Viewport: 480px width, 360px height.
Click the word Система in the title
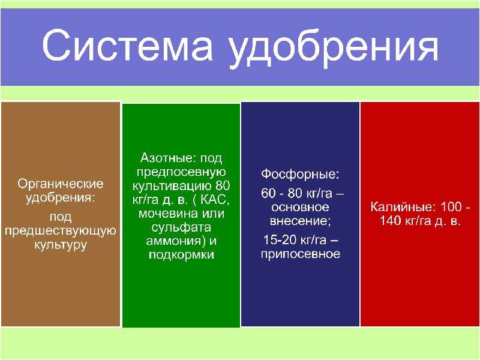(127, 47)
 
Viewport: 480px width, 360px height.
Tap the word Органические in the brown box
(61, 184)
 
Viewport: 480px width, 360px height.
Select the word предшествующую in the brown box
(61, 231)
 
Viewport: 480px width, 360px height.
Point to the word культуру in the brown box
(61, 245)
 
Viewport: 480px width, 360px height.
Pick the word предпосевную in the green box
(181, 172)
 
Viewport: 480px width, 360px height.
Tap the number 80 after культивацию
(223, 186)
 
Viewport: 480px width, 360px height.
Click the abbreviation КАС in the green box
(214, 200)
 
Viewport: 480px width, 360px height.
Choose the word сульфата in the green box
(181, 228)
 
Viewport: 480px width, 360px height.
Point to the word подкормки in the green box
(181, 255)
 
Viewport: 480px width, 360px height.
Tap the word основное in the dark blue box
(301, 207)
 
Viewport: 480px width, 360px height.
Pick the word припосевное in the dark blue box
(301, 254)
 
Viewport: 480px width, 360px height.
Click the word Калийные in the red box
(403, 207)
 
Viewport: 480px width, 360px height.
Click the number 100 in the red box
(451, 207)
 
